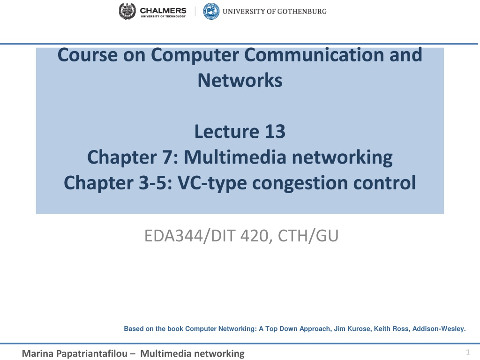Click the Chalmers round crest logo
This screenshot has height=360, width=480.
pyautogui.click(x=127, y=11)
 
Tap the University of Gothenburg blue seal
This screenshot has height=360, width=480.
pyautogui.click(x=211, y=11)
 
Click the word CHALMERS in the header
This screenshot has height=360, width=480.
pyautogui.click(x=163, y=10)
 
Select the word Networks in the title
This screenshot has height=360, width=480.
pyautogui.click(x=240, y=80)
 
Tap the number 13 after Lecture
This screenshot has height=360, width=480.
pyautogui.click(x=275, y=131)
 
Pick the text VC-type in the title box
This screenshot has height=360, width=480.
pyautogui.click(x=212, y=183)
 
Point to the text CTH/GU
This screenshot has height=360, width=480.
pyautogui.click(x=308, y=236)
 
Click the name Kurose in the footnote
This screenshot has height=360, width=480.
pyautogui.click(x=360, y=329)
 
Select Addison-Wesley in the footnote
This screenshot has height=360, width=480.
pyautogui.click(x=439, y=329)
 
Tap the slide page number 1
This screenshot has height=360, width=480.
pyautogui.click(x=468, y=352)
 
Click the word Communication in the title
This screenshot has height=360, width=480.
pyautogui.click(x=314, y=55)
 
